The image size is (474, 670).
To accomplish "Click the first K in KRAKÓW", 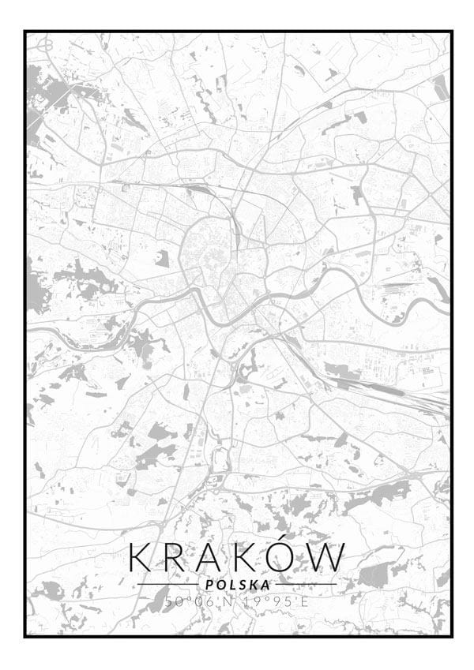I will [141, 558].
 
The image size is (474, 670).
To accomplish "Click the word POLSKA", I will [237, 585].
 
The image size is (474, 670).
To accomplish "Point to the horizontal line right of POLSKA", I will [306, 585].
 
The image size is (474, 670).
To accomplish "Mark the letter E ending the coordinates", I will [305, 601].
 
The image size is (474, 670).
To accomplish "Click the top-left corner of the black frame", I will [25, 32].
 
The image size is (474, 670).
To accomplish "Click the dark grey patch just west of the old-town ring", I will [161, 258].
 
